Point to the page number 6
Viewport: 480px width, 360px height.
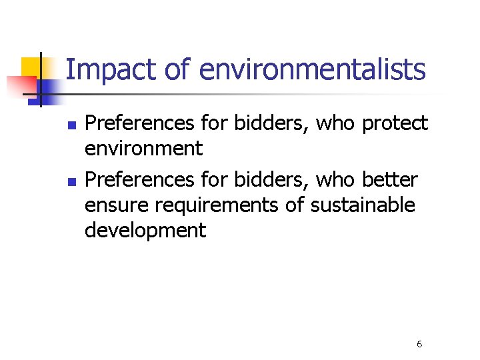pos(419,344)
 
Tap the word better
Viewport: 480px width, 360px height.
pos(390,180)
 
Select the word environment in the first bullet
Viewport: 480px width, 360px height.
pos(143,149)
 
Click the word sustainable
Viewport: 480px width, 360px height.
pos(363,205)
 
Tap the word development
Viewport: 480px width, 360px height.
pos(145,231)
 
